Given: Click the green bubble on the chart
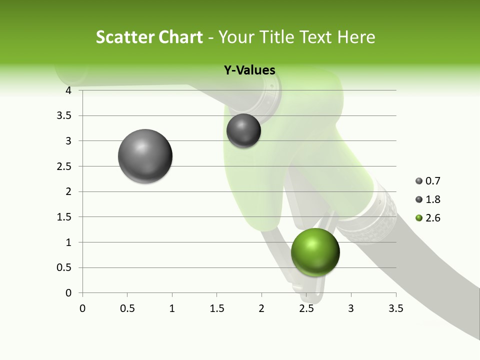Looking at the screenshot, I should (x=315, y=252).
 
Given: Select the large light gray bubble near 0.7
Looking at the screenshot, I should (x=145, y=156).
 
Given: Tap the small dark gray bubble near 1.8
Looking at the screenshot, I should (x=243, y=130).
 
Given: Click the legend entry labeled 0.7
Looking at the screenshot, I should (x=427, y=181).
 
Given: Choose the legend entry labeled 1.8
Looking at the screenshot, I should (x=427, y=199).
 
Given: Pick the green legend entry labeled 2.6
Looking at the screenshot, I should (x=427, y=218).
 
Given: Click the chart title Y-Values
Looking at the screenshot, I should (x=249, y=70).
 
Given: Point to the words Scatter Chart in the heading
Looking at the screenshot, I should (x=149, y=37).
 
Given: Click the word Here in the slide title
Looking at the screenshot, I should (x=356, y=37).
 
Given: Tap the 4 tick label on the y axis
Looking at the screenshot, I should (x=68, y=90).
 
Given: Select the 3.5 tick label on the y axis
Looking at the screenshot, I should (x=65, y=115).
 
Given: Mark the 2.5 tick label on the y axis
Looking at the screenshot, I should (x=65, y=166).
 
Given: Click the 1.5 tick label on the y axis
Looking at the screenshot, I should (x=65, y=217).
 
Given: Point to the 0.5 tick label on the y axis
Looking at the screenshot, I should (x=65, y=267).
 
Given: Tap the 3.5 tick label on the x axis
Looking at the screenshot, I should (x=395, y=308).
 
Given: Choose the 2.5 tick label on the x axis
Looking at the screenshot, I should (x=306, y=308).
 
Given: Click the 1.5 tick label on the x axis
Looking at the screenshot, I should (x=216, y=308).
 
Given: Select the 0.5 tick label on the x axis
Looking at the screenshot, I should (x=127, y=308).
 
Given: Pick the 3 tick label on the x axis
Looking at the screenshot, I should (x=351, y=308).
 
